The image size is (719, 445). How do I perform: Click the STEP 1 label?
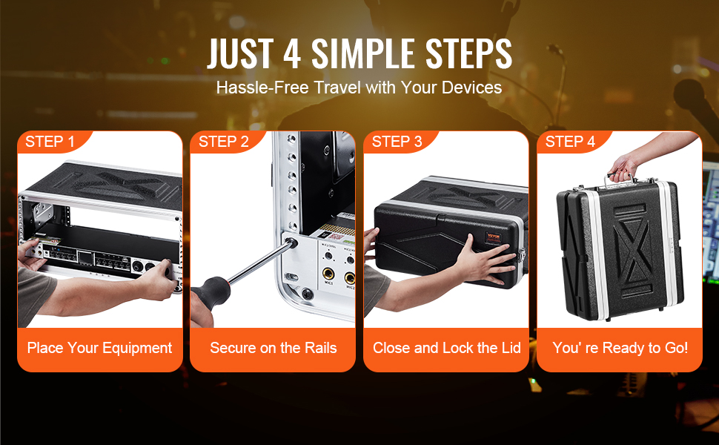tap(50, 142)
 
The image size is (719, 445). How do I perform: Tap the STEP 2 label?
tap(223, 142)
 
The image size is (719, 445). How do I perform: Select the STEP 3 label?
tap(397, 142)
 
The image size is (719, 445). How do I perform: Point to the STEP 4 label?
tap(570, 142)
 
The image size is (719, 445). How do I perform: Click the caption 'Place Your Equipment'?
tap(99, 348)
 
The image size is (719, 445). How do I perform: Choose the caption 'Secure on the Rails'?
tap(274, 348)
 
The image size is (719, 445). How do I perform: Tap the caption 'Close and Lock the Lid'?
tap(447, 348)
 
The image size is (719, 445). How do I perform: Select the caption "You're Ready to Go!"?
tap(620, 348)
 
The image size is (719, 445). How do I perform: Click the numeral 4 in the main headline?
tap(291, 53)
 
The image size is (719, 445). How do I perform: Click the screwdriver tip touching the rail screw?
tap(291, 243)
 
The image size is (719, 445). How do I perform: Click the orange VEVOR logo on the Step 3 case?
tap(494, 237)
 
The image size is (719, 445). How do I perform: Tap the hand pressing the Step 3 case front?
tap(486, 261)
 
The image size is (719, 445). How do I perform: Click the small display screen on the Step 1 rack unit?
tap(85, 258)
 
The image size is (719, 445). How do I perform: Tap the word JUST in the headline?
tap(240, 53)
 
